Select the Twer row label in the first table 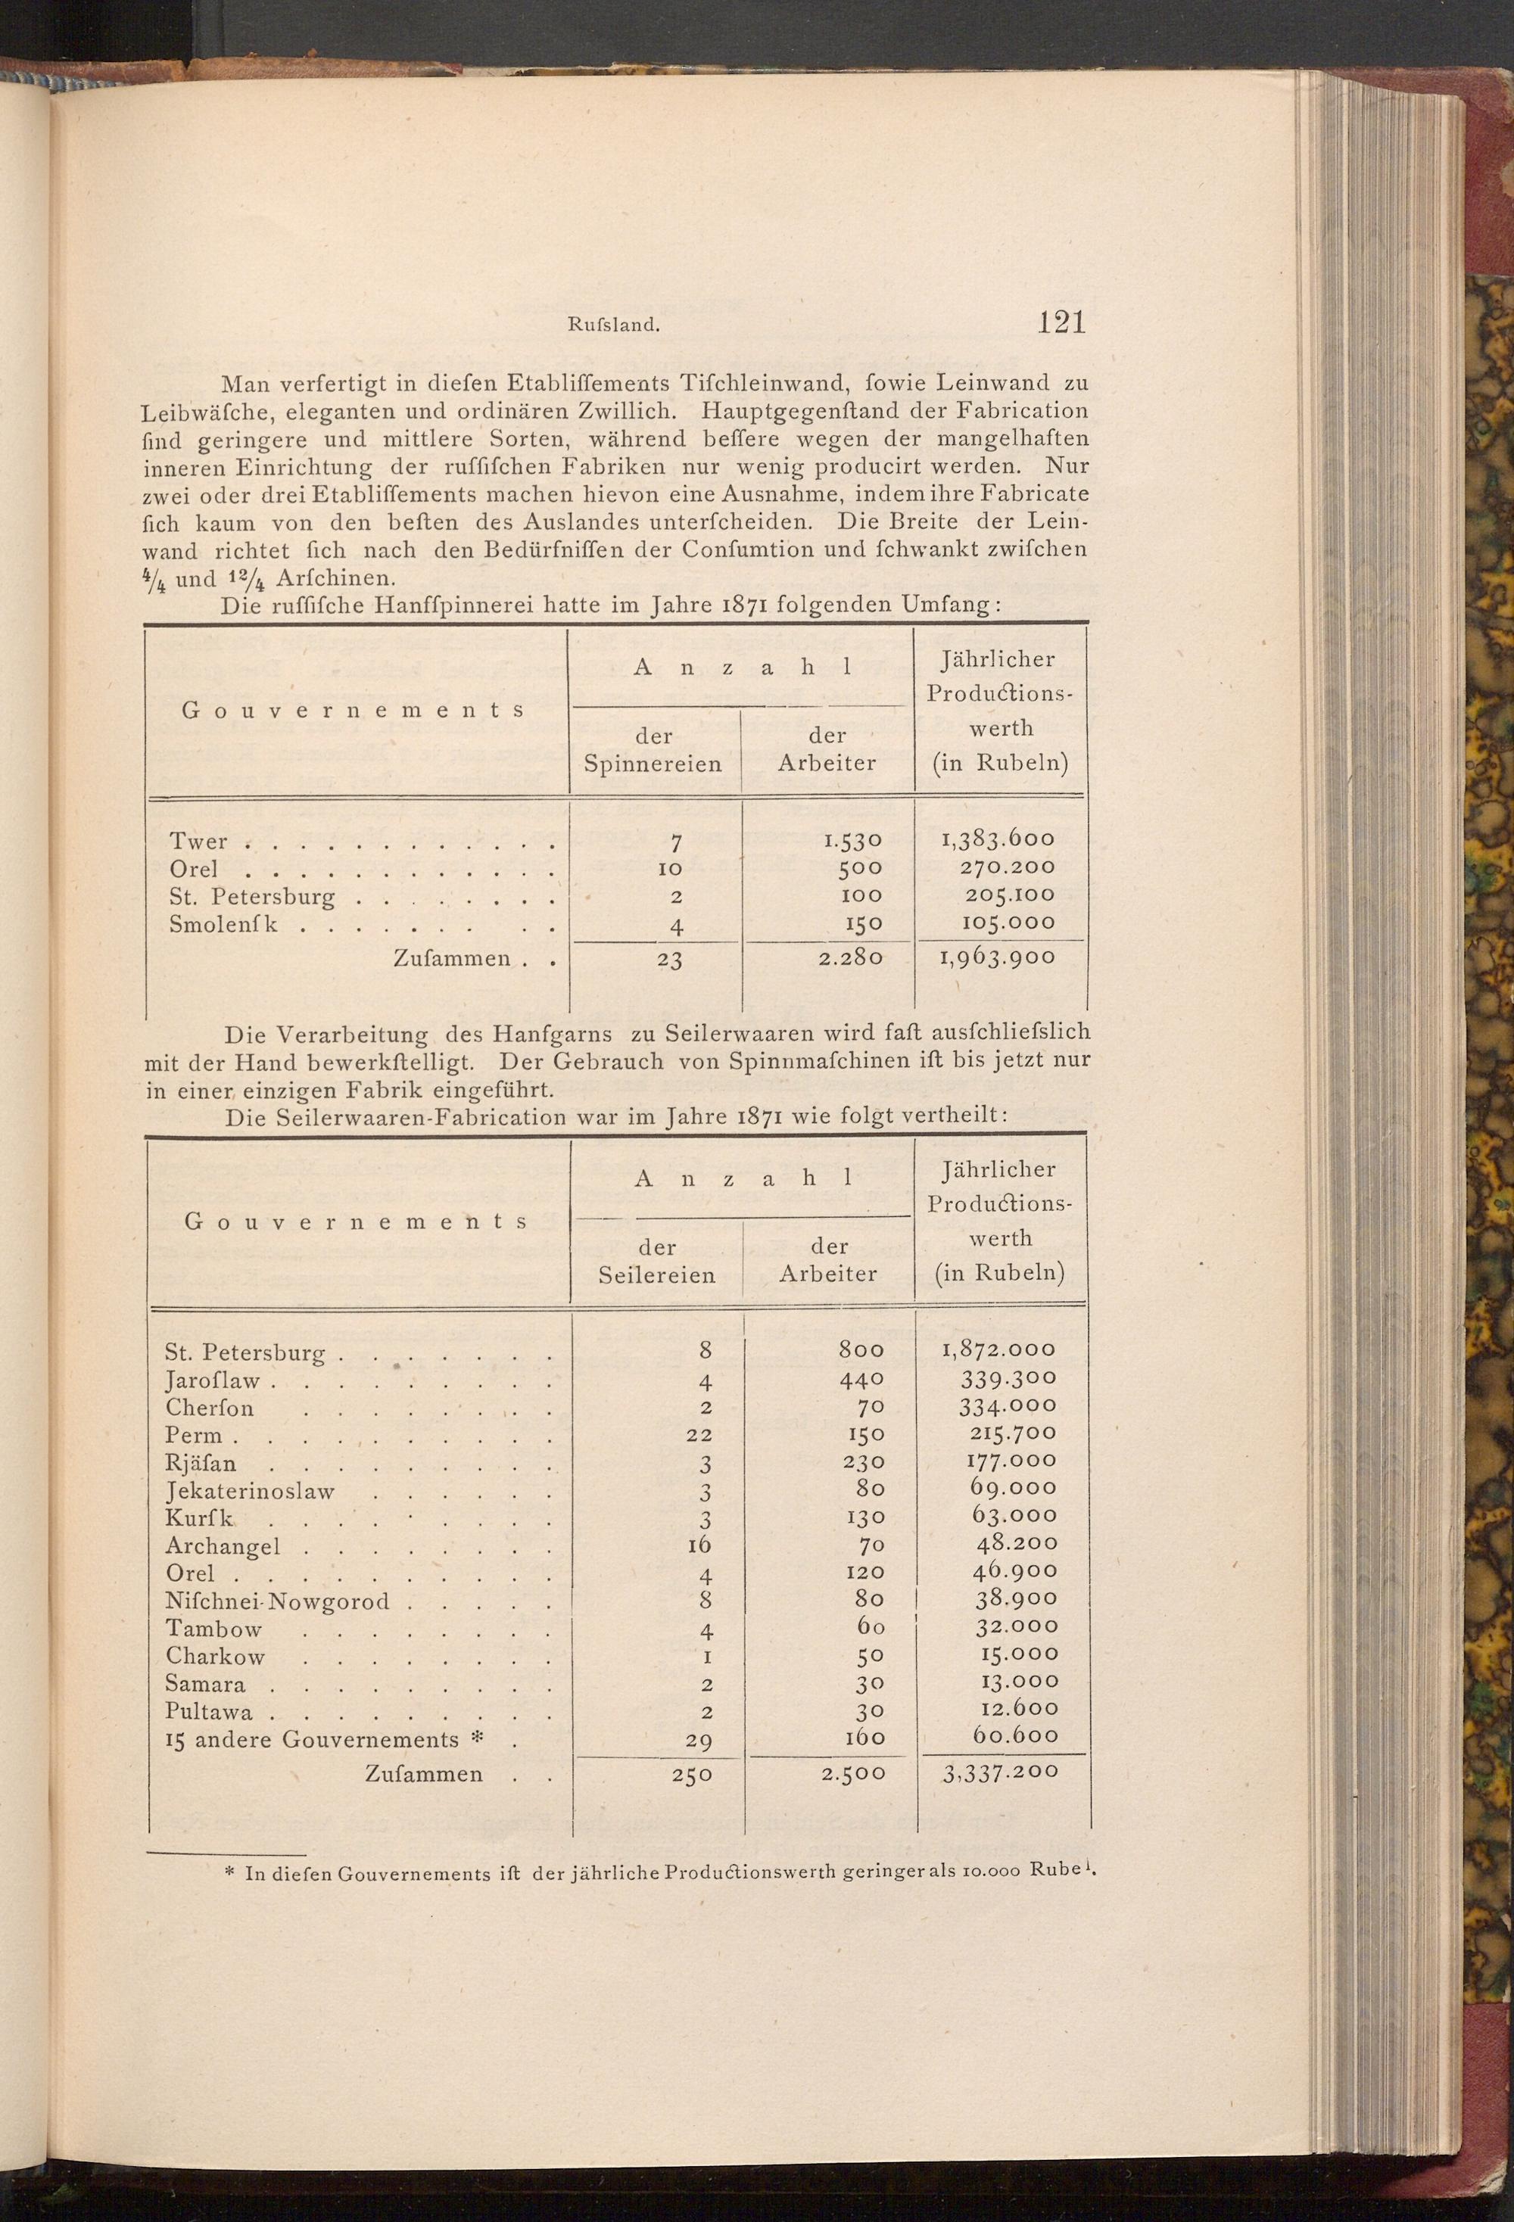pos(199,842)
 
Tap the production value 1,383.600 pos(998,839)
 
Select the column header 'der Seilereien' pos(656,1260)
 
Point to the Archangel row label pos(223,1546)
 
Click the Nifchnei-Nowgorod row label pos(277,1601)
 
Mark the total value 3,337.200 pos(1001,1772)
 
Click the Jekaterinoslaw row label pos(251,1492)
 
